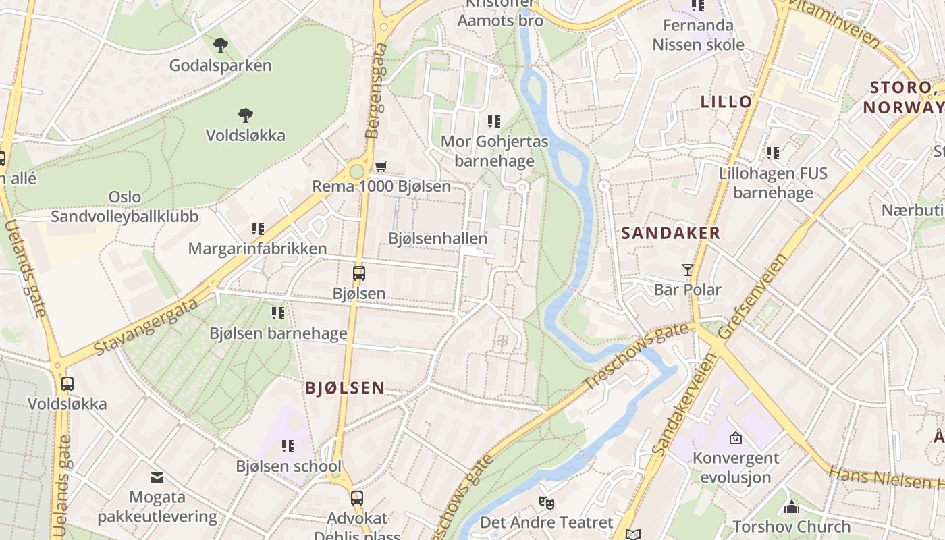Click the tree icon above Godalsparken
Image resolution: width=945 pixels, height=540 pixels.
click(220, 45)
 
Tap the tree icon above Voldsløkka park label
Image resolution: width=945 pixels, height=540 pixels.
click(246, 115)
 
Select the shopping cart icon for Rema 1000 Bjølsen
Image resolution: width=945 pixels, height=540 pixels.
click(381, 166)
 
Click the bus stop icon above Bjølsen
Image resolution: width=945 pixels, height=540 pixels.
click(359, 273)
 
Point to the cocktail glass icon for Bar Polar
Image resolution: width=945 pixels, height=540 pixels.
click(688, 270)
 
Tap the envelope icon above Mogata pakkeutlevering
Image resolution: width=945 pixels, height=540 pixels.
click(157, 478)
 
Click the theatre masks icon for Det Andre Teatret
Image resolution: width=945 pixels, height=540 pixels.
click(546, 502)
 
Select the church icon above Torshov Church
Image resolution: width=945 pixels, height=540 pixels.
click(792, 506)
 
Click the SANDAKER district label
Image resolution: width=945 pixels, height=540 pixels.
click(670, 234)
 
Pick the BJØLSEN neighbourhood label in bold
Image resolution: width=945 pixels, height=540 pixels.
click(345, 388)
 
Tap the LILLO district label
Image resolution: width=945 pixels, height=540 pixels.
click(726, 102)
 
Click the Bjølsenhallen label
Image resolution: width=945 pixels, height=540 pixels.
click(437, 238)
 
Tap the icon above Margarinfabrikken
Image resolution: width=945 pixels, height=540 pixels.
click(257, 229)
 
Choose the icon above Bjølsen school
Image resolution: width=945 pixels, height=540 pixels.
click(288, 446)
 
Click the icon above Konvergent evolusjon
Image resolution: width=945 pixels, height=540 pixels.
click(735, 438)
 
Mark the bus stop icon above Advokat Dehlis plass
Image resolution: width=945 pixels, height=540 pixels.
click(357, 498)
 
